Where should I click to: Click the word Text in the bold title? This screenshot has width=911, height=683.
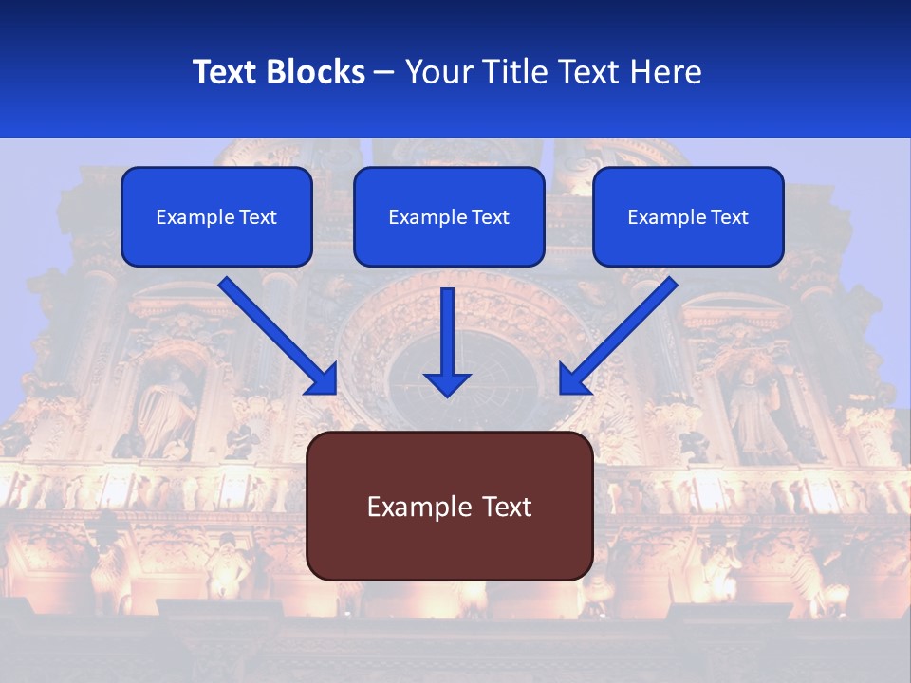pos(226,72)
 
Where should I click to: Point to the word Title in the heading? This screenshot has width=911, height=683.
pos(522,72)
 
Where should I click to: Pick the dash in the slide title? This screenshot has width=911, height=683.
pos(384,73)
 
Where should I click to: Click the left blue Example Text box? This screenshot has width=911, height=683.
pos(216,217)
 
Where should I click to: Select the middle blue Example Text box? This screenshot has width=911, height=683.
pos(449,217)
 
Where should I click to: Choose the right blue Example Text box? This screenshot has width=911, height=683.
pos(688,217)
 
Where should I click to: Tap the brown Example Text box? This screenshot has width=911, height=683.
pos(450,507)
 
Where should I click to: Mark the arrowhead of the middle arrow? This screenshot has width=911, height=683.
pos(447,383)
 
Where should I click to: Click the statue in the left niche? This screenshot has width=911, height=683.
pos(169,413)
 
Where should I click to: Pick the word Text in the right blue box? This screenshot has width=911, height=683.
pos(729,217)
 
